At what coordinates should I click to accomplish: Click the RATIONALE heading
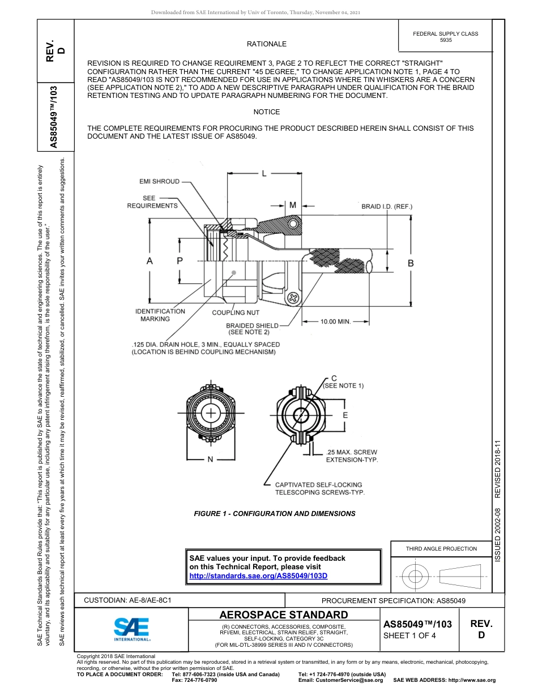click(x=266, y=44)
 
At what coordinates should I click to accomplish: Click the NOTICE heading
click(x=266, y=112)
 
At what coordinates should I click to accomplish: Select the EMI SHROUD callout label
click(x=159, y=182)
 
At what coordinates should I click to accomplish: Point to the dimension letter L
click(x=264, y=174)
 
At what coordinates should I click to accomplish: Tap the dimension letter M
click(x=293, y=205)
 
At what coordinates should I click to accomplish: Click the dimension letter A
click(x=150, y=261)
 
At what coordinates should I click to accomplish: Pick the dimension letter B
click(x=411, y=263)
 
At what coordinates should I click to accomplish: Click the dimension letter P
click(x=180, y=261)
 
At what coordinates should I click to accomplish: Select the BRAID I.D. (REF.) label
click(x=387, y=207)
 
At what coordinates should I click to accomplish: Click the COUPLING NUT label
click(x=236, y=312)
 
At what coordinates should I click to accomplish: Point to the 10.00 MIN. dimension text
click(x=336, y=321)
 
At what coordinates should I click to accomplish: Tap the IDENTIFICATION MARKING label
click(x=160, y=315)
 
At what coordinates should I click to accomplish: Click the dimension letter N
click(x=210, y=459)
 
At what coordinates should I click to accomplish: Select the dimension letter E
click(x=345, y=415)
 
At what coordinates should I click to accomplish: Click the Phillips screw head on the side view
click(x=293, y=297)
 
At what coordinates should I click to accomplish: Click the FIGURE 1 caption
click(x=275, y=514)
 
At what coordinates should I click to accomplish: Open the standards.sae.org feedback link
click(x=258, y=576)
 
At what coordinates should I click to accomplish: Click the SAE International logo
click(x=131, y=629)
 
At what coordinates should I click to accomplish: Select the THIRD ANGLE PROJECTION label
click(x=441, y=548)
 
